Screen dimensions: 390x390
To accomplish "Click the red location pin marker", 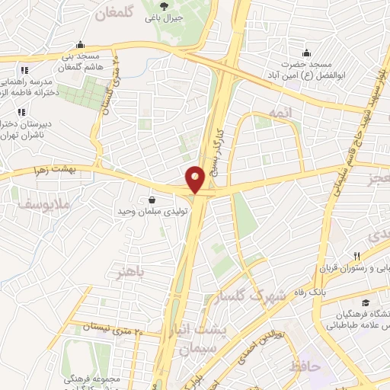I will (195, 179).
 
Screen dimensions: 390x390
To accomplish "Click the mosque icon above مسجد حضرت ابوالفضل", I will (306, 53).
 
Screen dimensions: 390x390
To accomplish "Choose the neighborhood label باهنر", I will (126, 272).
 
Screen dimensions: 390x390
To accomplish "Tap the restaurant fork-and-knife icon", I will (356, 257).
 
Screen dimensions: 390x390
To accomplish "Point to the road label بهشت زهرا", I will (56, 172).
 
